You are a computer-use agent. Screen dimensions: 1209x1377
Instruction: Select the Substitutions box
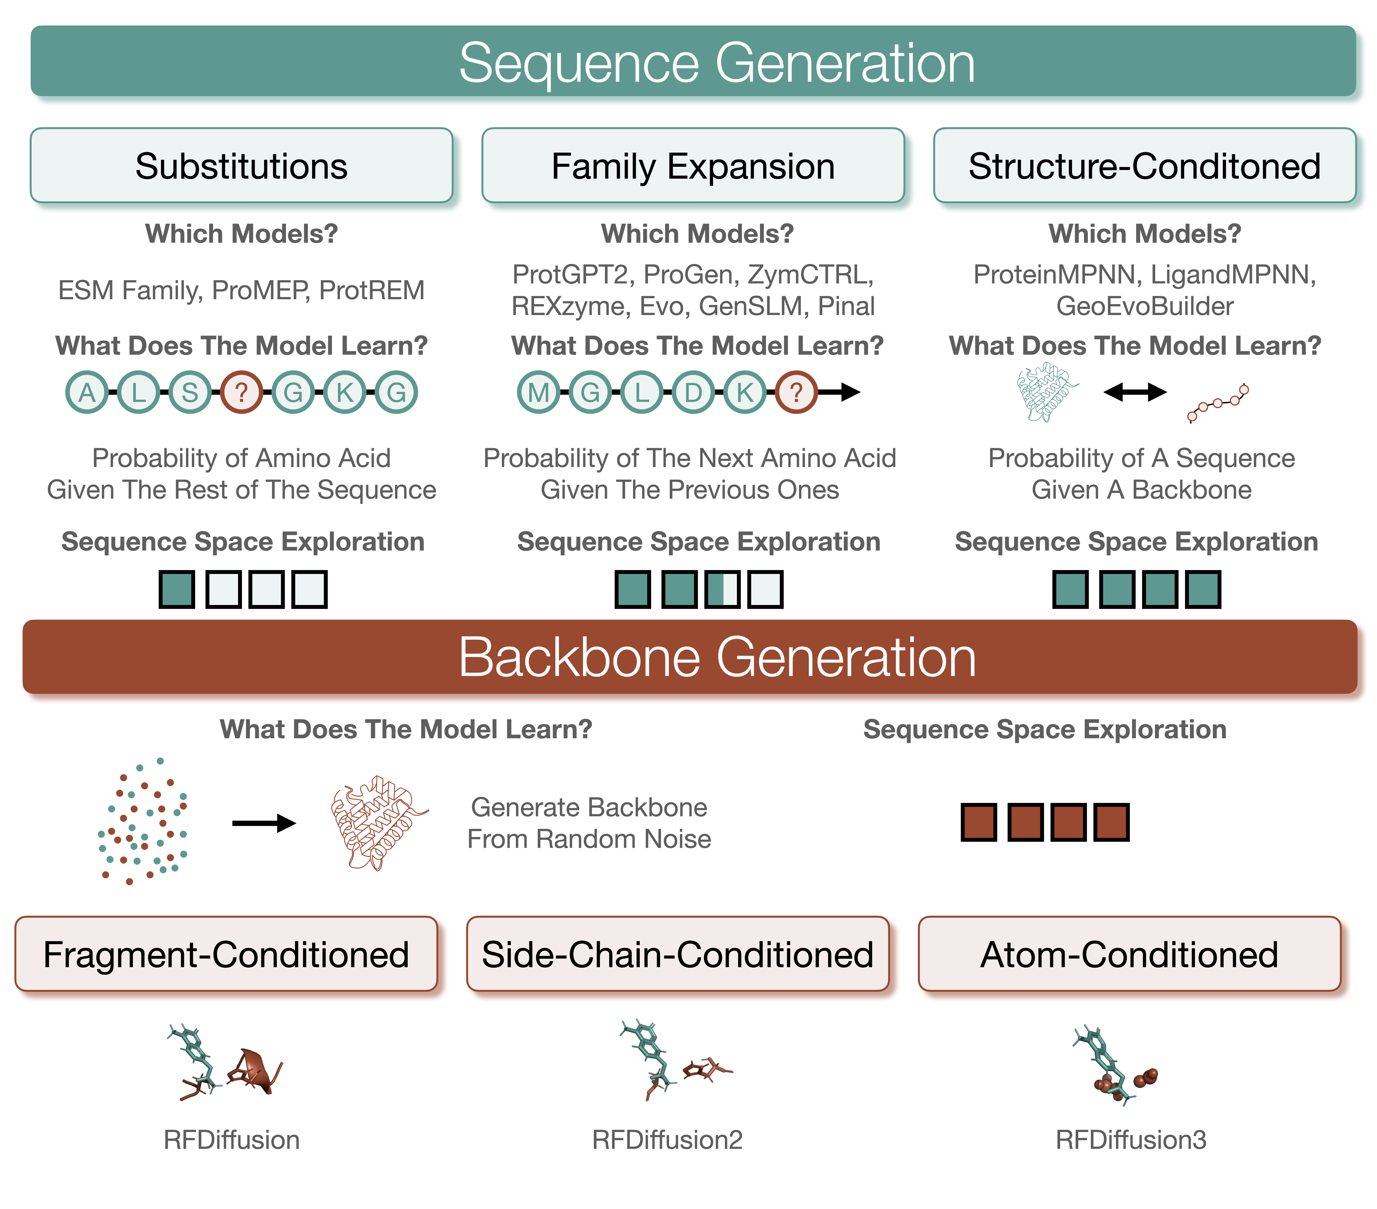241,166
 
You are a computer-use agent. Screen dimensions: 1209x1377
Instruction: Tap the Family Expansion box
693,166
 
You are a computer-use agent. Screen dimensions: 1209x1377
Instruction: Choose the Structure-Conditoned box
1144,166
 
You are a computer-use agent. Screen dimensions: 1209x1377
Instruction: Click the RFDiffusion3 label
1130,1140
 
